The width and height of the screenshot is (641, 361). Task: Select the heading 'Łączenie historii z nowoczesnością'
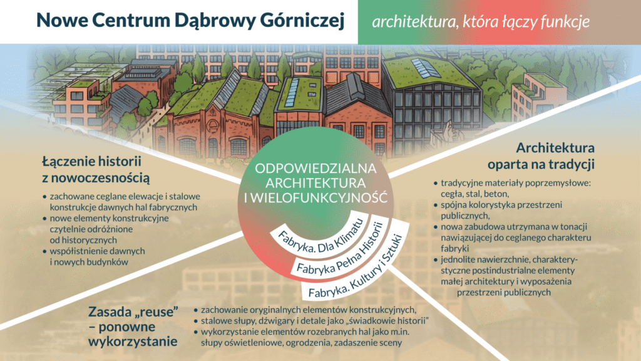click(x=96, y=169)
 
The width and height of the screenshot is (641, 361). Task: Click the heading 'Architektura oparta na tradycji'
click(x=541, y=156)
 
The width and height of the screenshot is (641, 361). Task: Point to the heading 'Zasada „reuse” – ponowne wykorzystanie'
click(x=133, y=327)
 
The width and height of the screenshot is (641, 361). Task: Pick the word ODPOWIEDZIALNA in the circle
click(x=315, y=168)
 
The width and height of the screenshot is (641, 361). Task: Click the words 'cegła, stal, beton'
click(x=474, y=194)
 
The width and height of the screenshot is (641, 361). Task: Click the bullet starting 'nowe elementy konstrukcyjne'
click(x=105, y=229)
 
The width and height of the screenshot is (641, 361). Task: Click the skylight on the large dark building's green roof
click(x=426, y=68)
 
